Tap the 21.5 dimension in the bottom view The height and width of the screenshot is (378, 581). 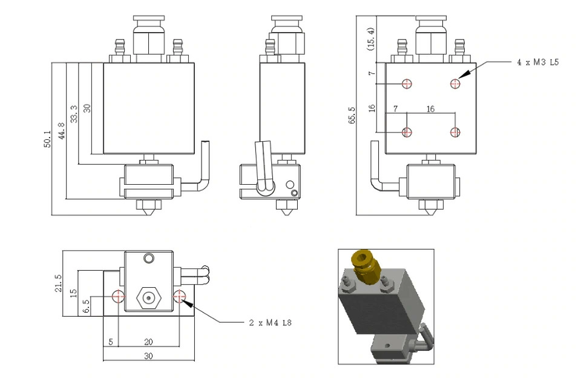click(x=59, y=282)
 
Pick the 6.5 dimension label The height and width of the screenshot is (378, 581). click(x=86, y=305)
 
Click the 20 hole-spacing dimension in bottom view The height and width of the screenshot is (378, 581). click(x=148, y=342)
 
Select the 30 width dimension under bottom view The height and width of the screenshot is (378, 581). click(x=148, y=356)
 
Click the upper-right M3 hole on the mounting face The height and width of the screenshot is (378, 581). click(x=456, y=84)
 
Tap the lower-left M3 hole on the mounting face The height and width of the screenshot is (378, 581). click(x=407, y=132)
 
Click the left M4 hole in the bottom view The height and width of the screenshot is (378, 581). click(x=118, y=297)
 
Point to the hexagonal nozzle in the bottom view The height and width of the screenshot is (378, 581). click(x=148, y=297)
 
